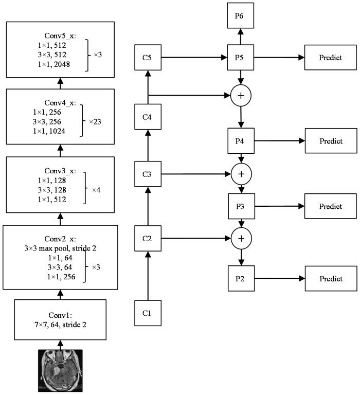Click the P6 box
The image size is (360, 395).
240,15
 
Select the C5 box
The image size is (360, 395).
148,58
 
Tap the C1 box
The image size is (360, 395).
148,313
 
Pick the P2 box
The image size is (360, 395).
241,278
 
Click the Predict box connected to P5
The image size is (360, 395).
331,58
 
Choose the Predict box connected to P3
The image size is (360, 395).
331,206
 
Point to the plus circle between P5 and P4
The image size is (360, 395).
241,96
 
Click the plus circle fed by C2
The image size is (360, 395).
241,238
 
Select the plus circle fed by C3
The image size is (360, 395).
241,174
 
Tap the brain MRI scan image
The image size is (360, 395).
60,370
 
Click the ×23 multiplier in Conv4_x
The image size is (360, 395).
95,122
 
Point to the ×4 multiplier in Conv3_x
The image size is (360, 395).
96,190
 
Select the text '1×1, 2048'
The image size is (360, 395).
54,64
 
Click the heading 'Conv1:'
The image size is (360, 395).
60,315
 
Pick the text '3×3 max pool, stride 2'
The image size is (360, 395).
60,248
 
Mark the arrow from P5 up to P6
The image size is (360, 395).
241,37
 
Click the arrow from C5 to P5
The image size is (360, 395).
194,58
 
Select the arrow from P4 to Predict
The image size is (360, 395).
280,141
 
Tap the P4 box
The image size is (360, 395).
241,141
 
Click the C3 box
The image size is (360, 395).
148,174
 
